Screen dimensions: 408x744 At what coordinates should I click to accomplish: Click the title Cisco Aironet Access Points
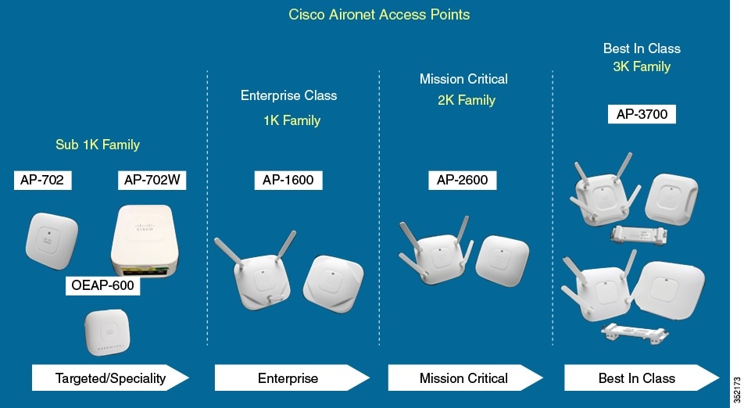379,14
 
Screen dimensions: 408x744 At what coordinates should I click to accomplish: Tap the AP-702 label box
42,181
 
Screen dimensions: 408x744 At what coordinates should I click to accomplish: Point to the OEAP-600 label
102,285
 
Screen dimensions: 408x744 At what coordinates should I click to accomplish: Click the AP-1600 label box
288,181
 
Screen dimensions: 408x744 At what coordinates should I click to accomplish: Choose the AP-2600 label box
462,181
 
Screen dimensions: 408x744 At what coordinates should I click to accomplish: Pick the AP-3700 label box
641,114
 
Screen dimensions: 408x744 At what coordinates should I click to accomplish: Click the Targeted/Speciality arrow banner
110,378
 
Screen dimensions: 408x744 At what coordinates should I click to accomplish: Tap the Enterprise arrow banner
289,378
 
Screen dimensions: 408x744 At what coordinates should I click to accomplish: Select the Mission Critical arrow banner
464,378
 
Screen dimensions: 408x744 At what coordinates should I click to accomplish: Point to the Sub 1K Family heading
98,145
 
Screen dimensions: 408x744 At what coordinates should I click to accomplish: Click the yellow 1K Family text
292,120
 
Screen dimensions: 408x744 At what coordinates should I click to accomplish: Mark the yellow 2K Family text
467,100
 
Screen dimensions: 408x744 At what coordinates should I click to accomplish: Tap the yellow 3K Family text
641,67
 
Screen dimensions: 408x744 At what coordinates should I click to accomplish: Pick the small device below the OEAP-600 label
107,332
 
